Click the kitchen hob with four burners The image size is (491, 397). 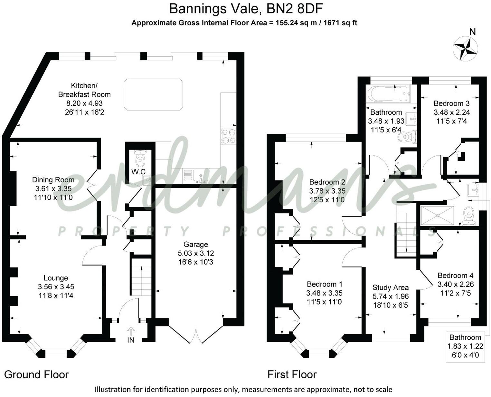(228, 136)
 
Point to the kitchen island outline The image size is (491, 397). (154, 95)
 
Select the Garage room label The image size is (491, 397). (196, 245)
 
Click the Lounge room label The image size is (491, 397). (56, 278)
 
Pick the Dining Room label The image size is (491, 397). (53, 180)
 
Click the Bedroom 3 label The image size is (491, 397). (451, 103)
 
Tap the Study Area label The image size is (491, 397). (390, 287)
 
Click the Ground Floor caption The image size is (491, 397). (36, 374)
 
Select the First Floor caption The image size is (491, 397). (292, 374)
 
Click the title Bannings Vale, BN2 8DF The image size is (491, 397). (246, 9)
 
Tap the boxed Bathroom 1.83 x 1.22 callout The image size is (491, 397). (465, 346)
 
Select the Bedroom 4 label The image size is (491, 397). (455, 276)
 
